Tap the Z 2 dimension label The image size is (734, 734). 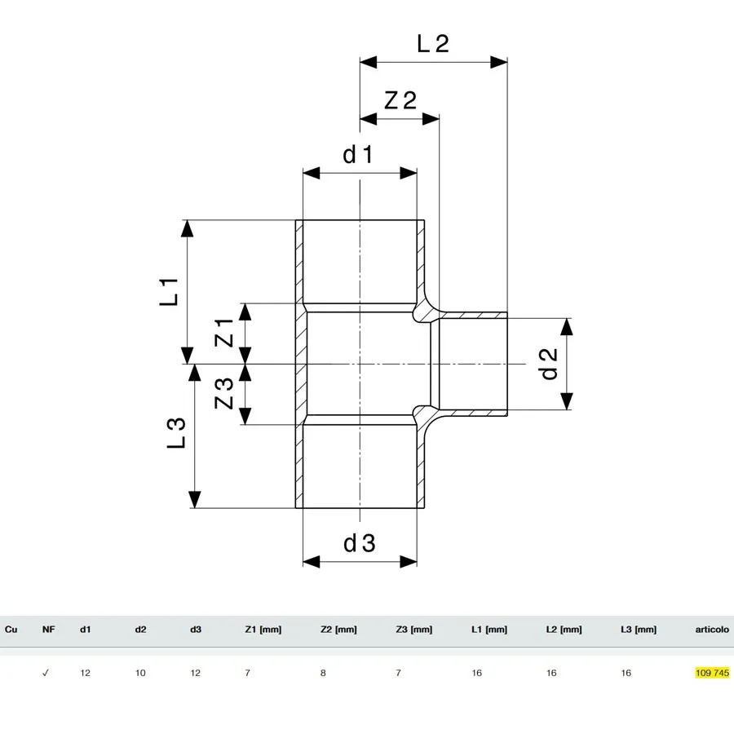pyautogui.click(x=400, y=100)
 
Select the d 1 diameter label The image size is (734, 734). pyautogui.click(x=358, y=154)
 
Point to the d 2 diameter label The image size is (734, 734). pyautogui.click(x=549, y=364)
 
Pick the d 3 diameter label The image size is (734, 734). pyautogui.click(x=360, y=543)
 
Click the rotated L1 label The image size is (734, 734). pyautogui.click(x=169, y=292)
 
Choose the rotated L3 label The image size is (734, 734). pyautogui.click(x=176, y=433)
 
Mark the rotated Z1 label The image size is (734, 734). pyautogui.click(x=223, y=333)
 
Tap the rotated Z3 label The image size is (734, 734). pyautogui.click(x=223, y=393)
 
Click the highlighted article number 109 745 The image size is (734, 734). pyautogui.click(x=712, y=673)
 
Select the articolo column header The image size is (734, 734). pyautogui.click(x=712, y=630)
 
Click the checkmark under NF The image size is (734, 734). pyautogui.click(x=46, y=673)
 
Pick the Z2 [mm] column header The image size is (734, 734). pyautogui.click(x=338, y=630)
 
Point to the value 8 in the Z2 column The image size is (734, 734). pyautogui.click(x=323, y=673)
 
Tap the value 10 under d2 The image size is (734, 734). pyautogui.click(x=140, y=673)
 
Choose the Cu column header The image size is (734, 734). pyautogui.click(x=11, y=630)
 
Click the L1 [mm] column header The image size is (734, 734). pyautogui.click(x=489, y=630)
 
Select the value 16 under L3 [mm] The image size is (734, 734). pyautogui.click(x=626, y=673)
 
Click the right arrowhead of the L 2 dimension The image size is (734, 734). pyautogui.click(x=499, y=62)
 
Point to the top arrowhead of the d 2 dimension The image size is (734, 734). pyautogui.click(x=567, y=327)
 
